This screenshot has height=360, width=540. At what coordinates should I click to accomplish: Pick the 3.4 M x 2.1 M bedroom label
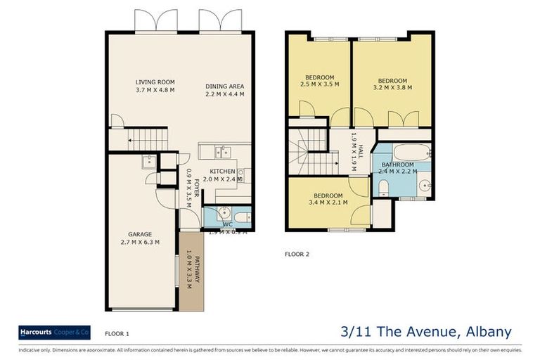(328, 199)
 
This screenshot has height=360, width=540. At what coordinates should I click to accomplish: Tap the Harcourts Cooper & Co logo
(55, 332)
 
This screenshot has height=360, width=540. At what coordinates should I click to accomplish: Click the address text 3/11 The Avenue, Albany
(425, 332)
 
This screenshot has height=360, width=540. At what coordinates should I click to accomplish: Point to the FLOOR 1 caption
(117, 334)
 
